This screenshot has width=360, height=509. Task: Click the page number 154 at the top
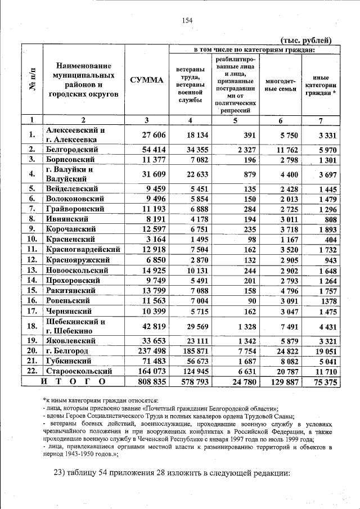tap(187, 20)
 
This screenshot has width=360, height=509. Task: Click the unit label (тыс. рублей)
tap(306, 40)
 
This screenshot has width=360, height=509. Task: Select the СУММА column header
tap(146, 80)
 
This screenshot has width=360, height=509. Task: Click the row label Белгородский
tap(73, 149)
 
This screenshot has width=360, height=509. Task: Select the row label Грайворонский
tap(76, 209)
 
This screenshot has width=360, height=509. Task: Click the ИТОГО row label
tap(73, 382)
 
